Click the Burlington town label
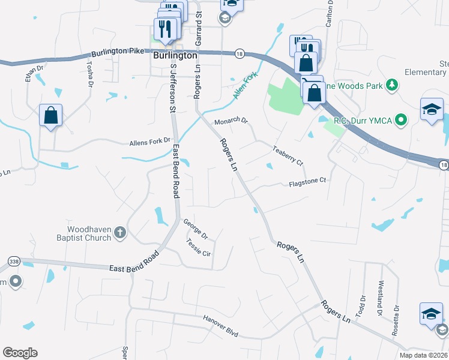175,55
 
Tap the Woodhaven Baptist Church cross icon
119,233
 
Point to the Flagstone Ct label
307,180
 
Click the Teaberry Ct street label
288,154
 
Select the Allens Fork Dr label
150,142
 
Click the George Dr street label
195,227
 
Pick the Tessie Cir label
199,247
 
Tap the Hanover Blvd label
220,325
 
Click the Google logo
20,353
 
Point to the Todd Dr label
361,306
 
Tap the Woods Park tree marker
391,85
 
